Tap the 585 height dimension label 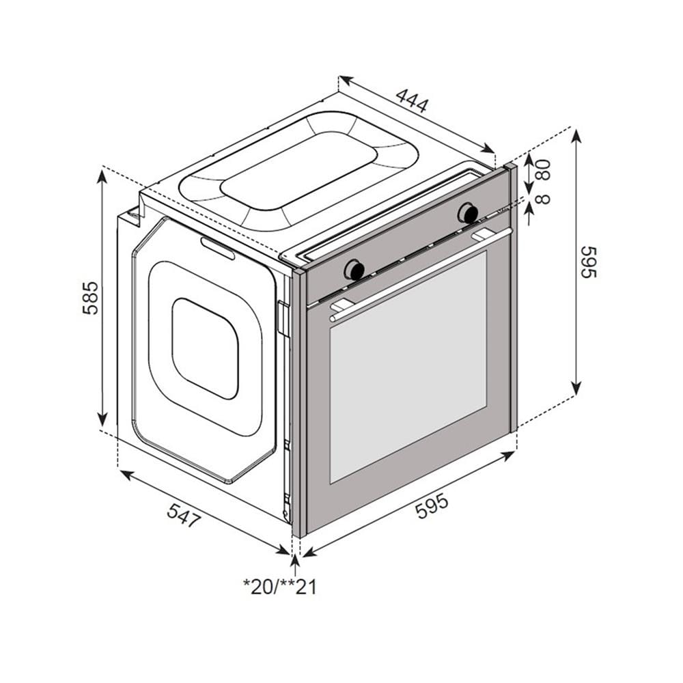point(91,298)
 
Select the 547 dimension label point(184,516)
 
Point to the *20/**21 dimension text point(279,587)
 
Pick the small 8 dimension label point(543,199)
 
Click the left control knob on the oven point(354,270)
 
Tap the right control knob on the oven point(469,213)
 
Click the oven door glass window point(408,367)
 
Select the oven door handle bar point(420,274)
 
